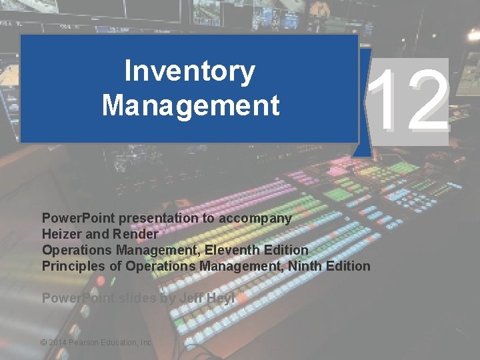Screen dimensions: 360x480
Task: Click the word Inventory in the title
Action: [x=189, y=73]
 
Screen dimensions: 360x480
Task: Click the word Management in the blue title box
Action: [x=190, y=105]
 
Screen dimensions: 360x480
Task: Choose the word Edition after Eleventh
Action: [x=285, y=250]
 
